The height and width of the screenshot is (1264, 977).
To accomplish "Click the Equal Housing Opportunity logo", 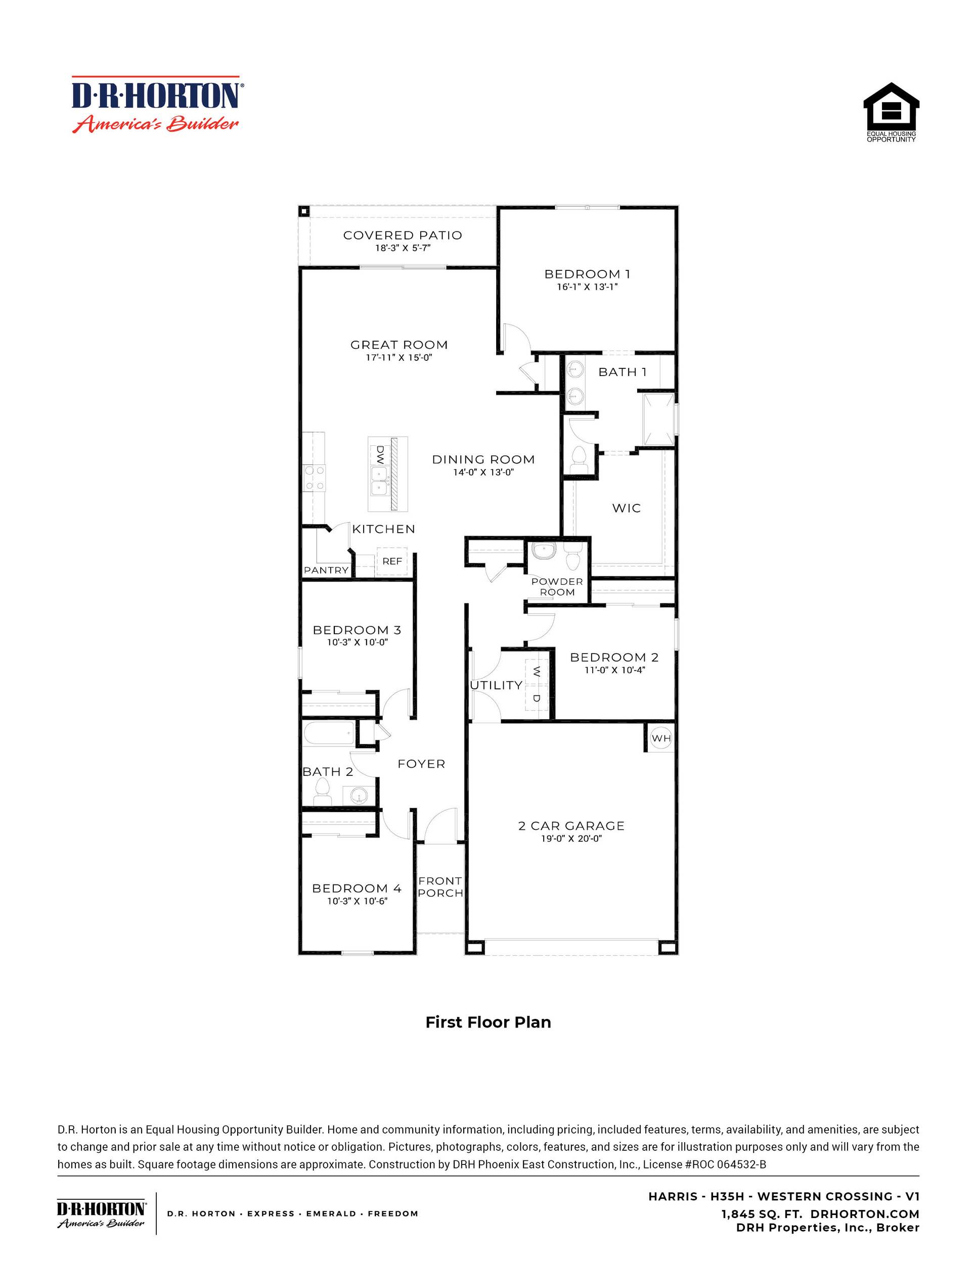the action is (x=891, y=112).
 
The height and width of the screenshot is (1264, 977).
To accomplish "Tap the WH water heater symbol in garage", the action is (x=660, y=738).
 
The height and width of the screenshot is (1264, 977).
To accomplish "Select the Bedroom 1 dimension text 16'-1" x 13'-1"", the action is (x=587, y=287).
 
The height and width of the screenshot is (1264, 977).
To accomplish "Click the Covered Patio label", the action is (x=403, y=236).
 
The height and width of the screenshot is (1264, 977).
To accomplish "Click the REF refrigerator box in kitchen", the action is (x=392, y=561).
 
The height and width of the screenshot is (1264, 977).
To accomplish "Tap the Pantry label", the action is (x=326, y=570).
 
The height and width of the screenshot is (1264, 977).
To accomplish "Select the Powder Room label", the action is (x=557, y=586).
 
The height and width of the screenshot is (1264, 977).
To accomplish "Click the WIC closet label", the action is (x=626, y=508).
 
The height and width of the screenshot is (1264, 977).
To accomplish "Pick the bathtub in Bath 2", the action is (x=328, y=734).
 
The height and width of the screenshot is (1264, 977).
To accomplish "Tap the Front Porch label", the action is (x=440, y=886).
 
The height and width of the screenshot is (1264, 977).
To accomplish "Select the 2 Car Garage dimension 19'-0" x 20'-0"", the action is (x=571, y=838).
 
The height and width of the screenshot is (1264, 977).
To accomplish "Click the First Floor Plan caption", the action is (x=487, y=1022).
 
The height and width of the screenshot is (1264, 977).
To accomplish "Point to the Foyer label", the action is (x=421, y=764).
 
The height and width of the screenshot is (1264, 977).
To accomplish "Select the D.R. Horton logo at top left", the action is (x=155, y=104).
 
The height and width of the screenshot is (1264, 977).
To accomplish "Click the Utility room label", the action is (x=496, y=685).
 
